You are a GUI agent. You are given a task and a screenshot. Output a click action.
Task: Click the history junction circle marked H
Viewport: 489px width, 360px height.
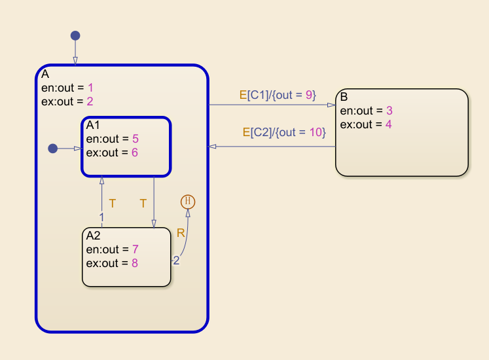(188, 202)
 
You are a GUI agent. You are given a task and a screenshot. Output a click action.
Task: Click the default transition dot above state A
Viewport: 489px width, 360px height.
(75, 35)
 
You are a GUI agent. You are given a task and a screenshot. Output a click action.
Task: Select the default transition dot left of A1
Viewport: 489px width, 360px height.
(53, 149)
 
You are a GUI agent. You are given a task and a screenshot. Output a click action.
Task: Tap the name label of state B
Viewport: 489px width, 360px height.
(344, 98)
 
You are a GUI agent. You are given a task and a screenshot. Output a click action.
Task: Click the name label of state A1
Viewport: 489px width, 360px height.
(93, 125)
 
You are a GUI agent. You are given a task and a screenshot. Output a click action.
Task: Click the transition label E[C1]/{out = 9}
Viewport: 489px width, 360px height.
(278, 96)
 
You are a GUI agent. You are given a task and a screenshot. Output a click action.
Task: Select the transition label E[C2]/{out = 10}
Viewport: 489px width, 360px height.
(284, 133)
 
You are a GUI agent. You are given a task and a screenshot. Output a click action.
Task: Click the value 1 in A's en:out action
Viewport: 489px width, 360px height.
(91, 87)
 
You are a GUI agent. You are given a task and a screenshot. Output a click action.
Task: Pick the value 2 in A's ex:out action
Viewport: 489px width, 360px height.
(91, 101)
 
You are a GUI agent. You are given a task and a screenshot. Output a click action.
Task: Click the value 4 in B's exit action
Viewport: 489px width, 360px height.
(388, 124)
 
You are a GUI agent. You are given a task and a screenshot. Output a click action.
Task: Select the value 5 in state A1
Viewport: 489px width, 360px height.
(136, 139)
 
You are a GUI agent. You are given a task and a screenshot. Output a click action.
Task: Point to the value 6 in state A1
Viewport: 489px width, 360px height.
(136, 153)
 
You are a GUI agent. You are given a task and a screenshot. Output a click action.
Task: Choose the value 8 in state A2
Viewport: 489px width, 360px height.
(134, 263)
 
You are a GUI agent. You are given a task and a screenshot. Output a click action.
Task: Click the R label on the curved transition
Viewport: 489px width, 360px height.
(181, 232)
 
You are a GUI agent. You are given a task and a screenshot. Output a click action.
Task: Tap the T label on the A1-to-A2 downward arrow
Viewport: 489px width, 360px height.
(143, 204)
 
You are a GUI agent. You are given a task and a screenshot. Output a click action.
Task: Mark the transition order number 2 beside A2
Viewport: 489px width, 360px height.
(175, 261)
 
